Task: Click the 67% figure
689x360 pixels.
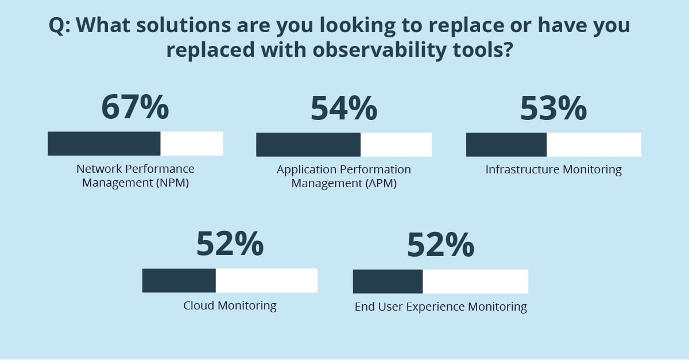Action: click(x=136, y=107)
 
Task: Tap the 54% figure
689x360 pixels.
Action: click(x=344, y=108)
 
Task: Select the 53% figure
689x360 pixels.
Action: click(x=553, y=108)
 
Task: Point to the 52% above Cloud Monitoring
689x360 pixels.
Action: click(x=230, y=243)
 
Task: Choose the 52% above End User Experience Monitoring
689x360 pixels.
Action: click(x=440, y=245)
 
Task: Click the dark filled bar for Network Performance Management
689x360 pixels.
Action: click(x=104, y=144)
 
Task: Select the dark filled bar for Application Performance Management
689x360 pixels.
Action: click(x=308, y=145)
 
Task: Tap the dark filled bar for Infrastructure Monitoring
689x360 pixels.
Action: click(x=506, y=145)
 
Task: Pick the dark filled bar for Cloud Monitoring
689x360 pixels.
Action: click(x=179, y=281)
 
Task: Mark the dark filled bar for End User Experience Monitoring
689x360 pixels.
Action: click(x=388, y=281)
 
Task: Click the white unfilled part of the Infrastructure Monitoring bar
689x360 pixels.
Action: click(x=594, y=145)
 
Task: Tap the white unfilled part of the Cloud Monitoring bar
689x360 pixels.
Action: click(x=266, y=281)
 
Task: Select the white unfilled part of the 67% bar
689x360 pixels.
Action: click(x=192, y=144)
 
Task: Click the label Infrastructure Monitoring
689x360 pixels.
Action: click(x=553, y=170)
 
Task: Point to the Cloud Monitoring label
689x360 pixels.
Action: click(x=230, y=305)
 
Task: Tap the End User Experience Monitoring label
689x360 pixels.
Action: click(x=440, y=307)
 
